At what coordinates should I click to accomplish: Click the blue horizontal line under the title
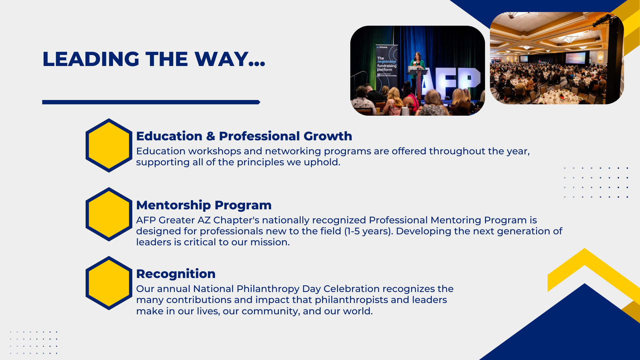(x=151, y=102)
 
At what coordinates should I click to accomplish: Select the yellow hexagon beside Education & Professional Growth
(x=109, y=145)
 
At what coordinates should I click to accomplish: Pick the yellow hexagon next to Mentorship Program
(x=109, y=214)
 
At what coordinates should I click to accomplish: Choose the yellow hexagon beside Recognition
(x=109, y=283)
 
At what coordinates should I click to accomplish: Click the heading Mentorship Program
(x=204, y=205)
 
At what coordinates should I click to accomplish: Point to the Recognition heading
(x=176, y=274)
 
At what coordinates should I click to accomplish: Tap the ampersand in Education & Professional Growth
(x=211, y=136)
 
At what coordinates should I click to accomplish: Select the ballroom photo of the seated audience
(x=557, y=58)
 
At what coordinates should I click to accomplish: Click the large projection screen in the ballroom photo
(x=575, y=58)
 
